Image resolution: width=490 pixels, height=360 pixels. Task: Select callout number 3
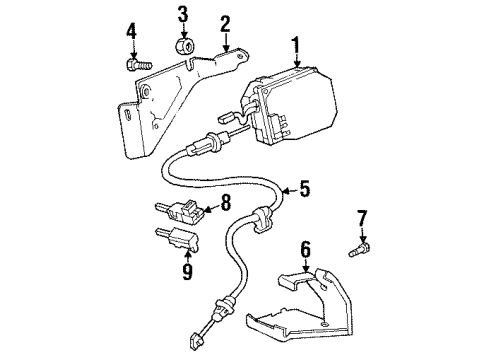pyautogui.click(x=182, y=14)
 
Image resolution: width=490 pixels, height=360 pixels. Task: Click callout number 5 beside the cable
pyautogui.click(x=306, y=186)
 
